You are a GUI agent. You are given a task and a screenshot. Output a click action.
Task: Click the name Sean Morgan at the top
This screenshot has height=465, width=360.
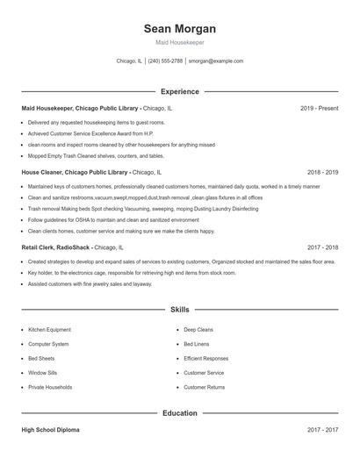tap(180, 29)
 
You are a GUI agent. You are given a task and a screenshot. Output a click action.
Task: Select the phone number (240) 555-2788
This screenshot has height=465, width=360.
tap(165, 61)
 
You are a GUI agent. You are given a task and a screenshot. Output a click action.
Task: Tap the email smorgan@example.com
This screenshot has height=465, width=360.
tap(216, 61)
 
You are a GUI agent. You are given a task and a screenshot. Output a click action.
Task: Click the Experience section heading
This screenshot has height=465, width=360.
tap(180, 91)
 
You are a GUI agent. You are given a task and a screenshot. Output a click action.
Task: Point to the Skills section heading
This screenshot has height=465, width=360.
tap(180, 310)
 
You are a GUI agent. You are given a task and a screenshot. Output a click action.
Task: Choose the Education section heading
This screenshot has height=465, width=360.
tap(180, 413)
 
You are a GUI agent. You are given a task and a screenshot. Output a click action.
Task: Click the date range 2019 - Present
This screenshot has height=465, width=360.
tap(319, 108)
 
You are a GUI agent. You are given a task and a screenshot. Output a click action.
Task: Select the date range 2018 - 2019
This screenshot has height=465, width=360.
tap(322, 174)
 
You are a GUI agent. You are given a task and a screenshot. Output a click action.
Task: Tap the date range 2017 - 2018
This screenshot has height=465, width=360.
tap(322, 248)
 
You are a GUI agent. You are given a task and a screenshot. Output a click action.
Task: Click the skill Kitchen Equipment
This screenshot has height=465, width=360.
tap(49, 330)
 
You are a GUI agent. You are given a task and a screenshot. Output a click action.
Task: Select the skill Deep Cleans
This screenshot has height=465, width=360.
tap(199, 330)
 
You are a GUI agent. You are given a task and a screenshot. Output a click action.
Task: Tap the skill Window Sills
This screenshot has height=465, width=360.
tap(43, 372)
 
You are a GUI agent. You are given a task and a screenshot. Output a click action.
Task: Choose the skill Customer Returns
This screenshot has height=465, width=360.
tap(205, 387)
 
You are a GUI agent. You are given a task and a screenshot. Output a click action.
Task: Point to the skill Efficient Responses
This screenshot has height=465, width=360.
tap(206, 358)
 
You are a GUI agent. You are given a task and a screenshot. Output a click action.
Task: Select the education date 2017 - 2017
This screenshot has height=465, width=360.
tap(322, 431)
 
